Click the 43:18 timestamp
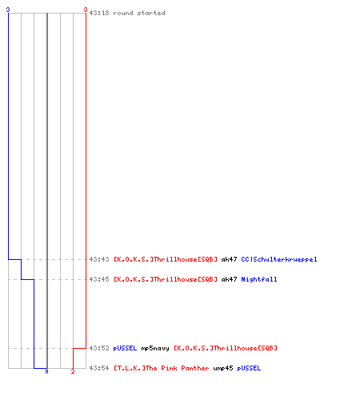click(x=99, y=13)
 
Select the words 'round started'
click(x=139, y=13)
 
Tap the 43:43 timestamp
click(x=99, y=259)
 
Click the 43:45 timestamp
click(x=99, y=279)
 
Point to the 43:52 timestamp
click(x=99, y=348)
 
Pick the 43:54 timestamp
click(x=99, y=368)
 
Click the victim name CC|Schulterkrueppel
click(x=279, y=259)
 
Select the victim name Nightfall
click(x=259, y=279)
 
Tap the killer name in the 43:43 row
click(x=166, y=259)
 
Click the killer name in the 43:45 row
click(x=166, y=279)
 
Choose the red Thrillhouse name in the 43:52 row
click(x=226, y=348)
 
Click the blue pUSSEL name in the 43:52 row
click(x=125, y=348)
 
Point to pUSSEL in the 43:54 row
click(x=249, y=368)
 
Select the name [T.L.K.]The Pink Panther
click(x=162, y=368)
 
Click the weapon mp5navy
click(x=155, y=348)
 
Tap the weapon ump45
click(x=223, y=368)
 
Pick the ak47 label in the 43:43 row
click(x=229, y=259)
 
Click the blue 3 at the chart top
click(x=8, y=10)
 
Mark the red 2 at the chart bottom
click(x=73, y=371)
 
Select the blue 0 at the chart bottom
click(x=46, y=371)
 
